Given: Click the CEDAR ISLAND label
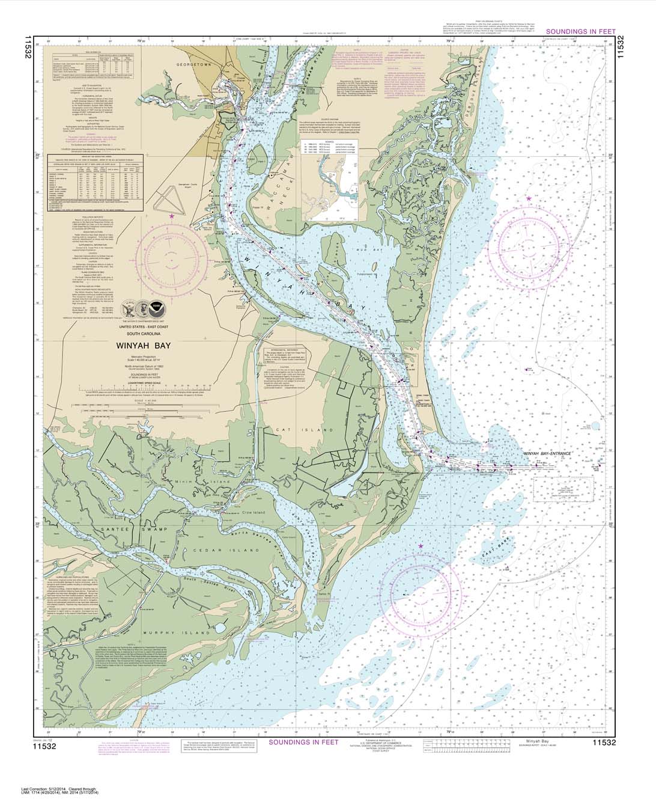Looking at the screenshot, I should click(x=239, y=550).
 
